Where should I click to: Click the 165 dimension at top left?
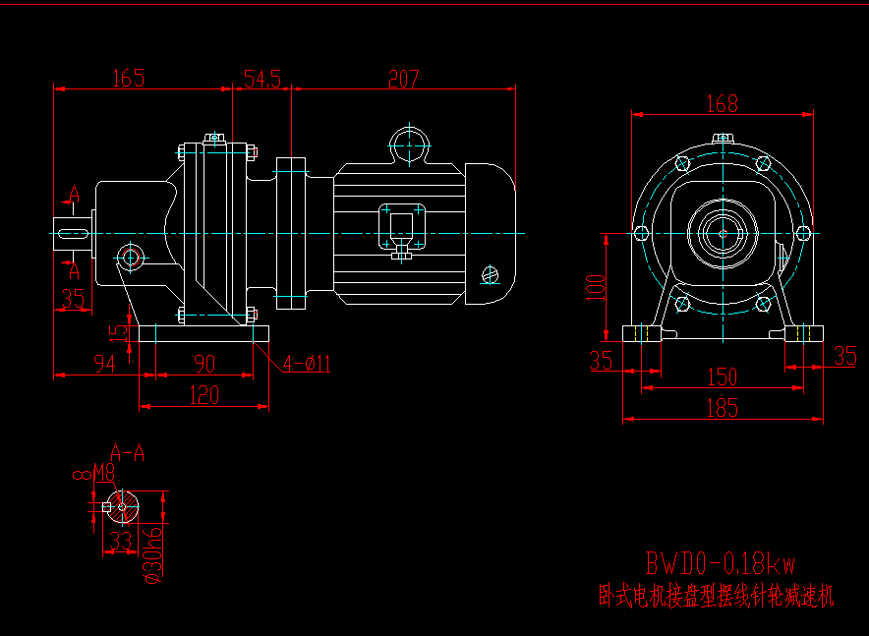tap(128, 78)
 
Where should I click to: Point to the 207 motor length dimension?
tap(403, 79)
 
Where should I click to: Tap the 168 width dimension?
tap(722, 102)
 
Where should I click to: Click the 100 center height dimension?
tap(592, 287)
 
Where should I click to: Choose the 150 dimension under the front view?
tap(723, 377)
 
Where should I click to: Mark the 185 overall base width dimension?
tap(723, 409)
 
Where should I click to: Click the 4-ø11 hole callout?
tap(307, 365)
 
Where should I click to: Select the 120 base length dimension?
tap(203, 395)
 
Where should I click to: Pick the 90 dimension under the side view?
tap(203, 365)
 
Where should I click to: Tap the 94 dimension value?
tap(104, 365)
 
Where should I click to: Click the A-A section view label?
tap(128, 453)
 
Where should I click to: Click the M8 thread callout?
tap(103, 475)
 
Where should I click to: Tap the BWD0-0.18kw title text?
tap(720, 564)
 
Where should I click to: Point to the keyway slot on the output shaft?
tap(74, 233)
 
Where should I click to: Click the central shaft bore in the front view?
tap(723, 233)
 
